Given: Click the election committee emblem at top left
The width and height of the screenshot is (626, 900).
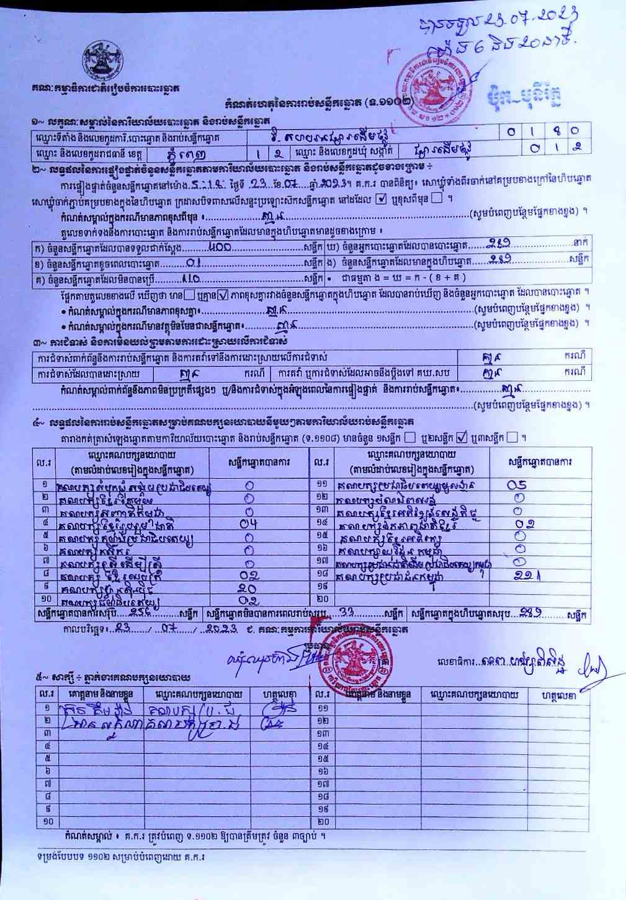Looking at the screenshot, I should [x=102, y=59].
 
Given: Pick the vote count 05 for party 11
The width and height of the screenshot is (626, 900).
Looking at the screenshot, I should [x=517, y=486].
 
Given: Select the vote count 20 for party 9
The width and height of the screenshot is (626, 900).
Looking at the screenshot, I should [x=248, y=587].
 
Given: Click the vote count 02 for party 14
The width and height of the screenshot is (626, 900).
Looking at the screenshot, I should [x=525, y=524].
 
